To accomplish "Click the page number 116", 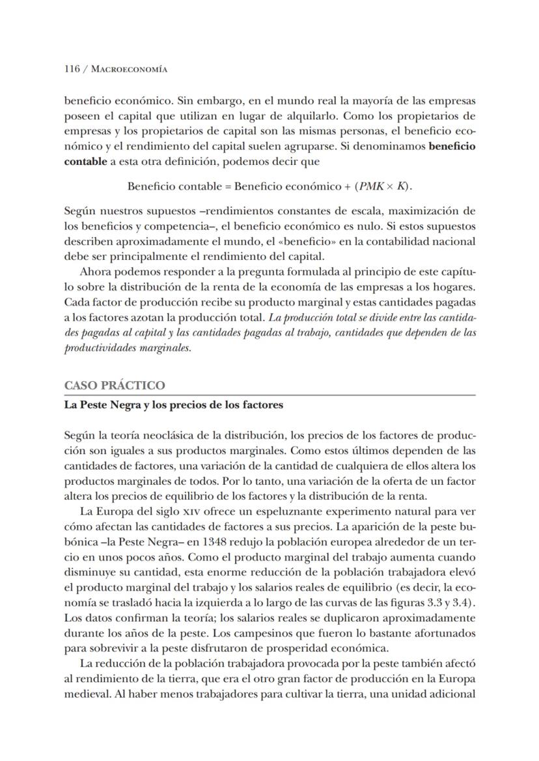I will tap(72, 70).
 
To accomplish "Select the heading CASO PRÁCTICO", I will tap(114, 385).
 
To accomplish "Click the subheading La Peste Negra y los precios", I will tap(173, 405).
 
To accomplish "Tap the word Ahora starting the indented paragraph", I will tap(94, 272).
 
